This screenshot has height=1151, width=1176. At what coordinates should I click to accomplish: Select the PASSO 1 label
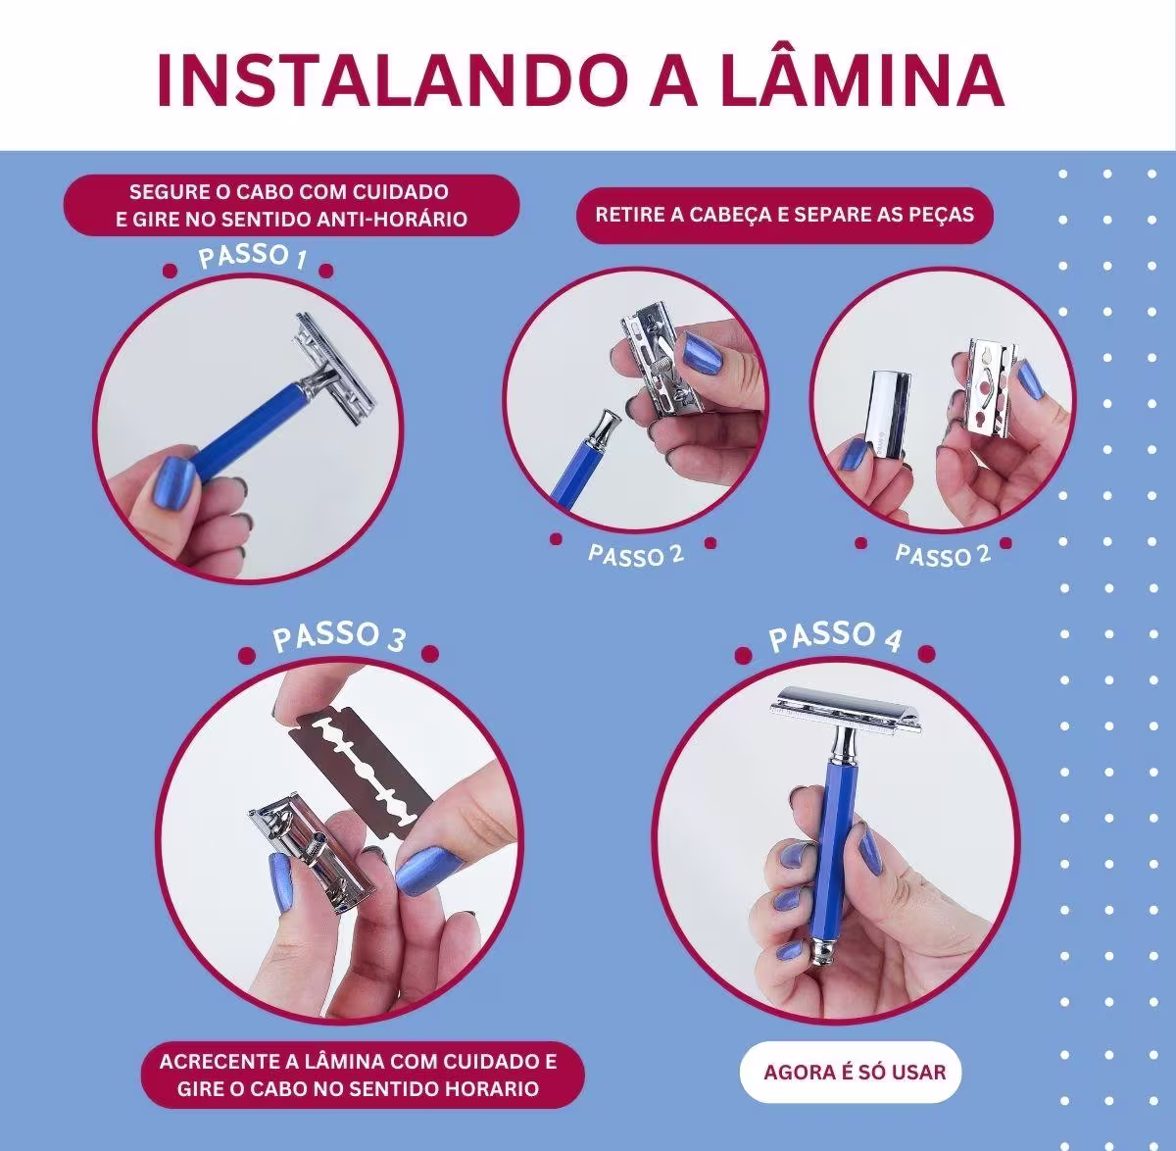(x=253, y=258)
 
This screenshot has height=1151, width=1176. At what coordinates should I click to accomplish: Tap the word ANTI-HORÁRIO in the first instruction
(x=388, y=218)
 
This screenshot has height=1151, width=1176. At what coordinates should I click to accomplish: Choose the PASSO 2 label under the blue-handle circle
(x=635, y=554)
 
